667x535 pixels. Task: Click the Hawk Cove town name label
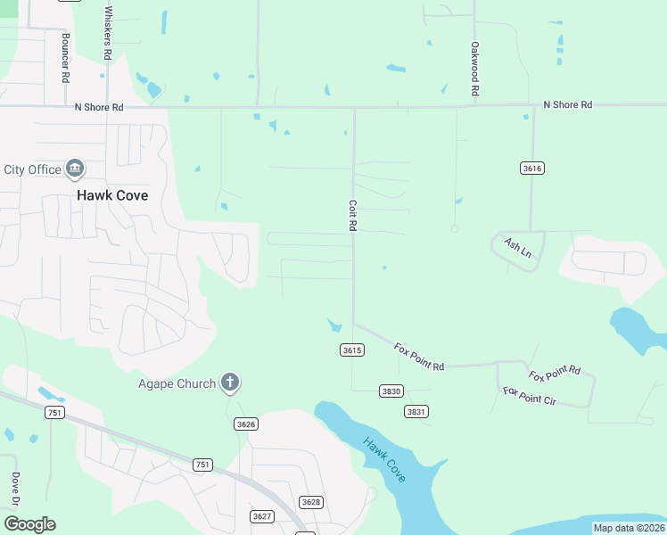pos(112,195)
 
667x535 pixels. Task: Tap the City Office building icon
pos(75,169)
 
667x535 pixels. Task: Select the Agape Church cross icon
pos(230,383)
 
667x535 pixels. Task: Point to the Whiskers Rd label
pos(108,33)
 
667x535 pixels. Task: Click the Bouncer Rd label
pos(66,58)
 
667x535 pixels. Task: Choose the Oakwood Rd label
pos(476,69)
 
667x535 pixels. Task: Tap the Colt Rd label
pos(352,216)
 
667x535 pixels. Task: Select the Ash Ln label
pos(517,248)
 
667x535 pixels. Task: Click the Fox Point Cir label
pos(529,397)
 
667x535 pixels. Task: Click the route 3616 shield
pos(532,168)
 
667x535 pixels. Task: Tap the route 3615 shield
pos(352,350)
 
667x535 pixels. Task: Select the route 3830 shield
pos(391,391)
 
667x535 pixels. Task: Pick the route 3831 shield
pos(416,411)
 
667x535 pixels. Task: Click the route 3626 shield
pos(246,424)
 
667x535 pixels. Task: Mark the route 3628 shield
pos(310,502)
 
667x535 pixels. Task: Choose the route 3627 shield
pos(262,516)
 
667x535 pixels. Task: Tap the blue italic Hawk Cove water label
pos(384,460)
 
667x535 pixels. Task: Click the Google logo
pos(29,524)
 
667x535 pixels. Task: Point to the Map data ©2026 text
pos(628,528)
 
